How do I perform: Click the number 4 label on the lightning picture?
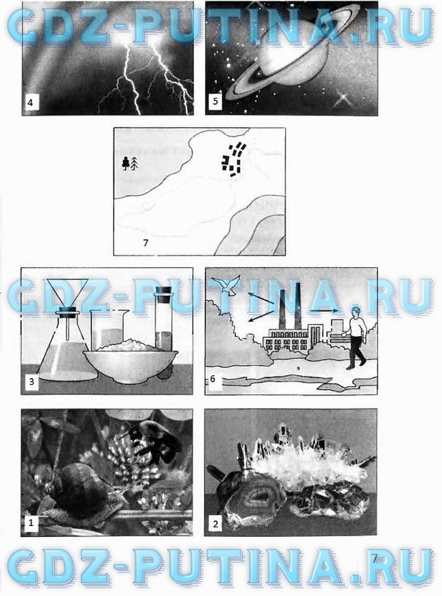coord(30,103)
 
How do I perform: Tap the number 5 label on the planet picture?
coord(216,102)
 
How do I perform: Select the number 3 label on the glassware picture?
coord(32,381)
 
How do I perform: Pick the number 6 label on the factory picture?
coord(213,379)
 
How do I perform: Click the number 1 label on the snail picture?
coord(31,522)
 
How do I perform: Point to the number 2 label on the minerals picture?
coord(216,524)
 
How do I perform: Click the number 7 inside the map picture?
coord(146,243)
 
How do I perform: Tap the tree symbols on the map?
coord(130,164)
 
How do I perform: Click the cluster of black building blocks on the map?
coord(232,160)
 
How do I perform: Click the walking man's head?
coord(356,312)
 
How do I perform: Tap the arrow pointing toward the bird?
coord(260,298)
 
